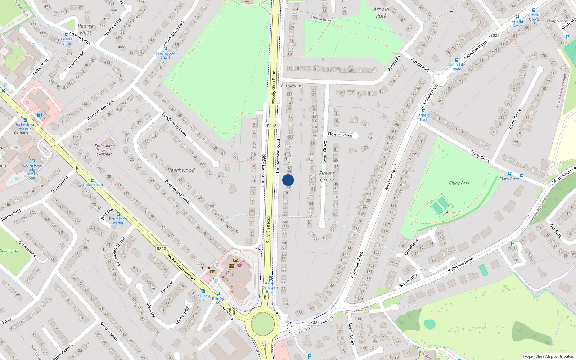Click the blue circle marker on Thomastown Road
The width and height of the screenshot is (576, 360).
click(x=288, y=180)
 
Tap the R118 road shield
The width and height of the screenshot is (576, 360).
click(x=272, y=126)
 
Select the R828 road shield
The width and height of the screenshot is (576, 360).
click(x=161, y=249)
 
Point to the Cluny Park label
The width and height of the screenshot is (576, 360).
click(x=459, y=183)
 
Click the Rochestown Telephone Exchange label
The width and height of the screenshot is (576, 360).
click(x=104, y=150)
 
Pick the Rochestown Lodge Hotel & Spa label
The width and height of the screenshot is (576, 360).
click(x=32, y=172)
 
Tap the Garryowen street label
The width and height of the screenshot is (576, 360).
click(x=291, y=86)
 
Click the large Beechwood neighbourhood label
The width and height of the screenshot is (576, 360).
click(x=181, y=170)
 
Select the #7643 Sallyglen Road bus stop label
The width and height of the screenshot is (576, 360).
click(x=270, y=287)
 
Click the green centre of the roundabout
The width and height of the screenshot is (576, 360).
click(x=263, y=323)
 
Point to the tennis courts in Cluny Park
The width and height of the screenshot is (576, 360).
click(x=441, y=206)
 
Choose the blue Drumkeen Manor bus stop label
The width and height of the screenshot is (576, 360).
click(x=118, y=221)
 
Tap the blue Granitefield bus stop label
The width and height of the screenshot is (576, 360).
click(x=93, y=185)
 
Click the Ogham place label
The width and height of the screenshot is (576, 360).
click(x=21, y=133)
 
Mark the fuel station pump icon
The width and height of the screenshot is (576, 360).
click(x=40, y=115)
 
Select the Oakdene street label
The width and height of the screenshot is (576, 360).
click(x=556, y=231)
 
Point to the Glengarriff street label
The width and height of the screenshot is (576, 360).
click(x=182, y=316)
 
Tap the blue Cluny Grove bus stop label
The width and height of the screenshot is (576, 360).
click(x=509, y=179)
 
